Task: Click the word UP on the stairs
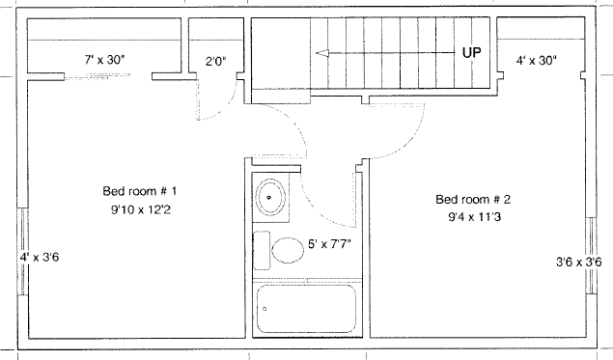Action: [x=471, y=52]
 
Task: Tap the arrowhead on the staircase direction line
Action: [x=321, y=53]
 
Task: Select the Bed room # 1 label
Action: [x=140, y=191]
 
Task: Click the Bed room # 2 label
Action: [x=473, y=200]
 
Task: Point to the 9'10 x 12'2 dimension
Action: [x=141, y=209]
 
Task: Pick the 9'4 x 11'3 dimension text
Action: [x=474, y=216]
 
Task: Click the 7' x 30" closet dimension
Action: [x=105, y=60]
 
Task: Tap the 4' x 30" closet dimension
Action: [x=536, y=60]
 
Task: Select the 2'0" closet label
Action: [x=216, y=61]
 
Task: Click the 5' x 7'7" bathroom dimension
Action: [x=329, y=244]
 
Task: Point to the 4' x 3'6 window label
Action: [x=40, y=257]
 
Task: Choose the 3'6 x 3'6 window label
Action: [x=579, y=262]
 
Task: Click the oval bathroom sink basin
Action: [x=270, y=198]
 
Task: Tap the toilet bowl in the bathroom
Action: [x=288, y=250]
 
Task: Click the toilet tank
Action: [x=262, y=250]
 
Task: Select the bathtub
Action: [x=307, y=309]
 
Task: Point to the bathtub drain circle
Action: [x=265, y=309]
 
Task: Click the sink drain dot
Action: [x=268, y=198]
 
